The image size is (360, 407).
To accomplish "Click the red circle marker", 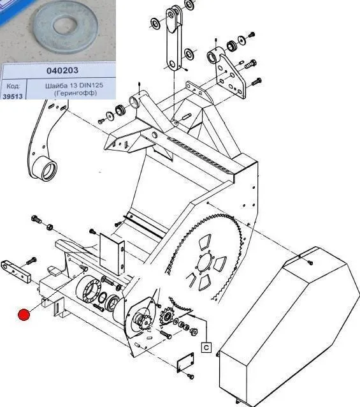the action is click(24, 315).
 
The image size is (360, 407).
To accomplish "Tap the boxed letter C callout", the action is click(206, 347).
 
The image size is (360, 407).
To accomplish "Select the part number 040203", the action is click(62, 70).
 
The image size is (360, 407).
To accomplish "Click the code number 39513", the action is click(13, 96).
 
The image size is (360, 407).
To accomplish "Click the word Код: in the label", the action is click(13, 86).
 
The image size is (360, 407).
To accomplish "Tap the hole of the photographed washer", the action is click(65, 25).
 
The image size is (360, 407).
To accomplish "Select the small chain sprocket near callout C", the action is click(166, 316).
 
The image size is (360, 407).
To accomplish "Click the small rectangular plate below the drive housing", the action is click(185, 362).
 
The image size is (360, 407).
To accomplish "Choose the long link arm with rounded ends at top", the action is click(174, 39).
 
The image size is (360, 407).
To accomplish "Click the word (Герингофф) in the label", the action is click(75, 93).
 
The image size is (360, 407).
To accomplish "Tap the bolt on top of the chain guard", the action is click(310, 263).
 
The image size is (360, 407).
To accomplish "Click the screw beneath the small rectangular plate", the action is click(191, 376).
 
